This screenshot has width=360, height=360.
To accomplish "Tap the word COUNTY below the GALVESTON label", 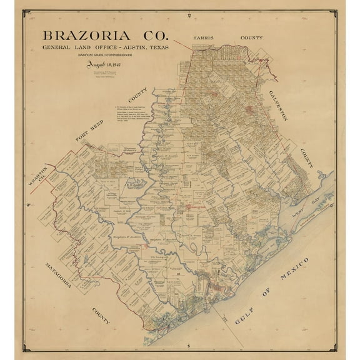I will coord(304,159).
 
